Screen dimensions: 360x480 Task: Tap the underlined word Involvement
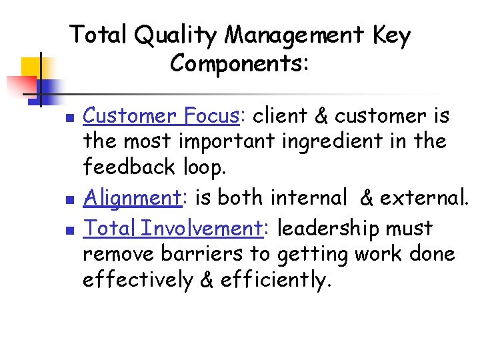point(203,229)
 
